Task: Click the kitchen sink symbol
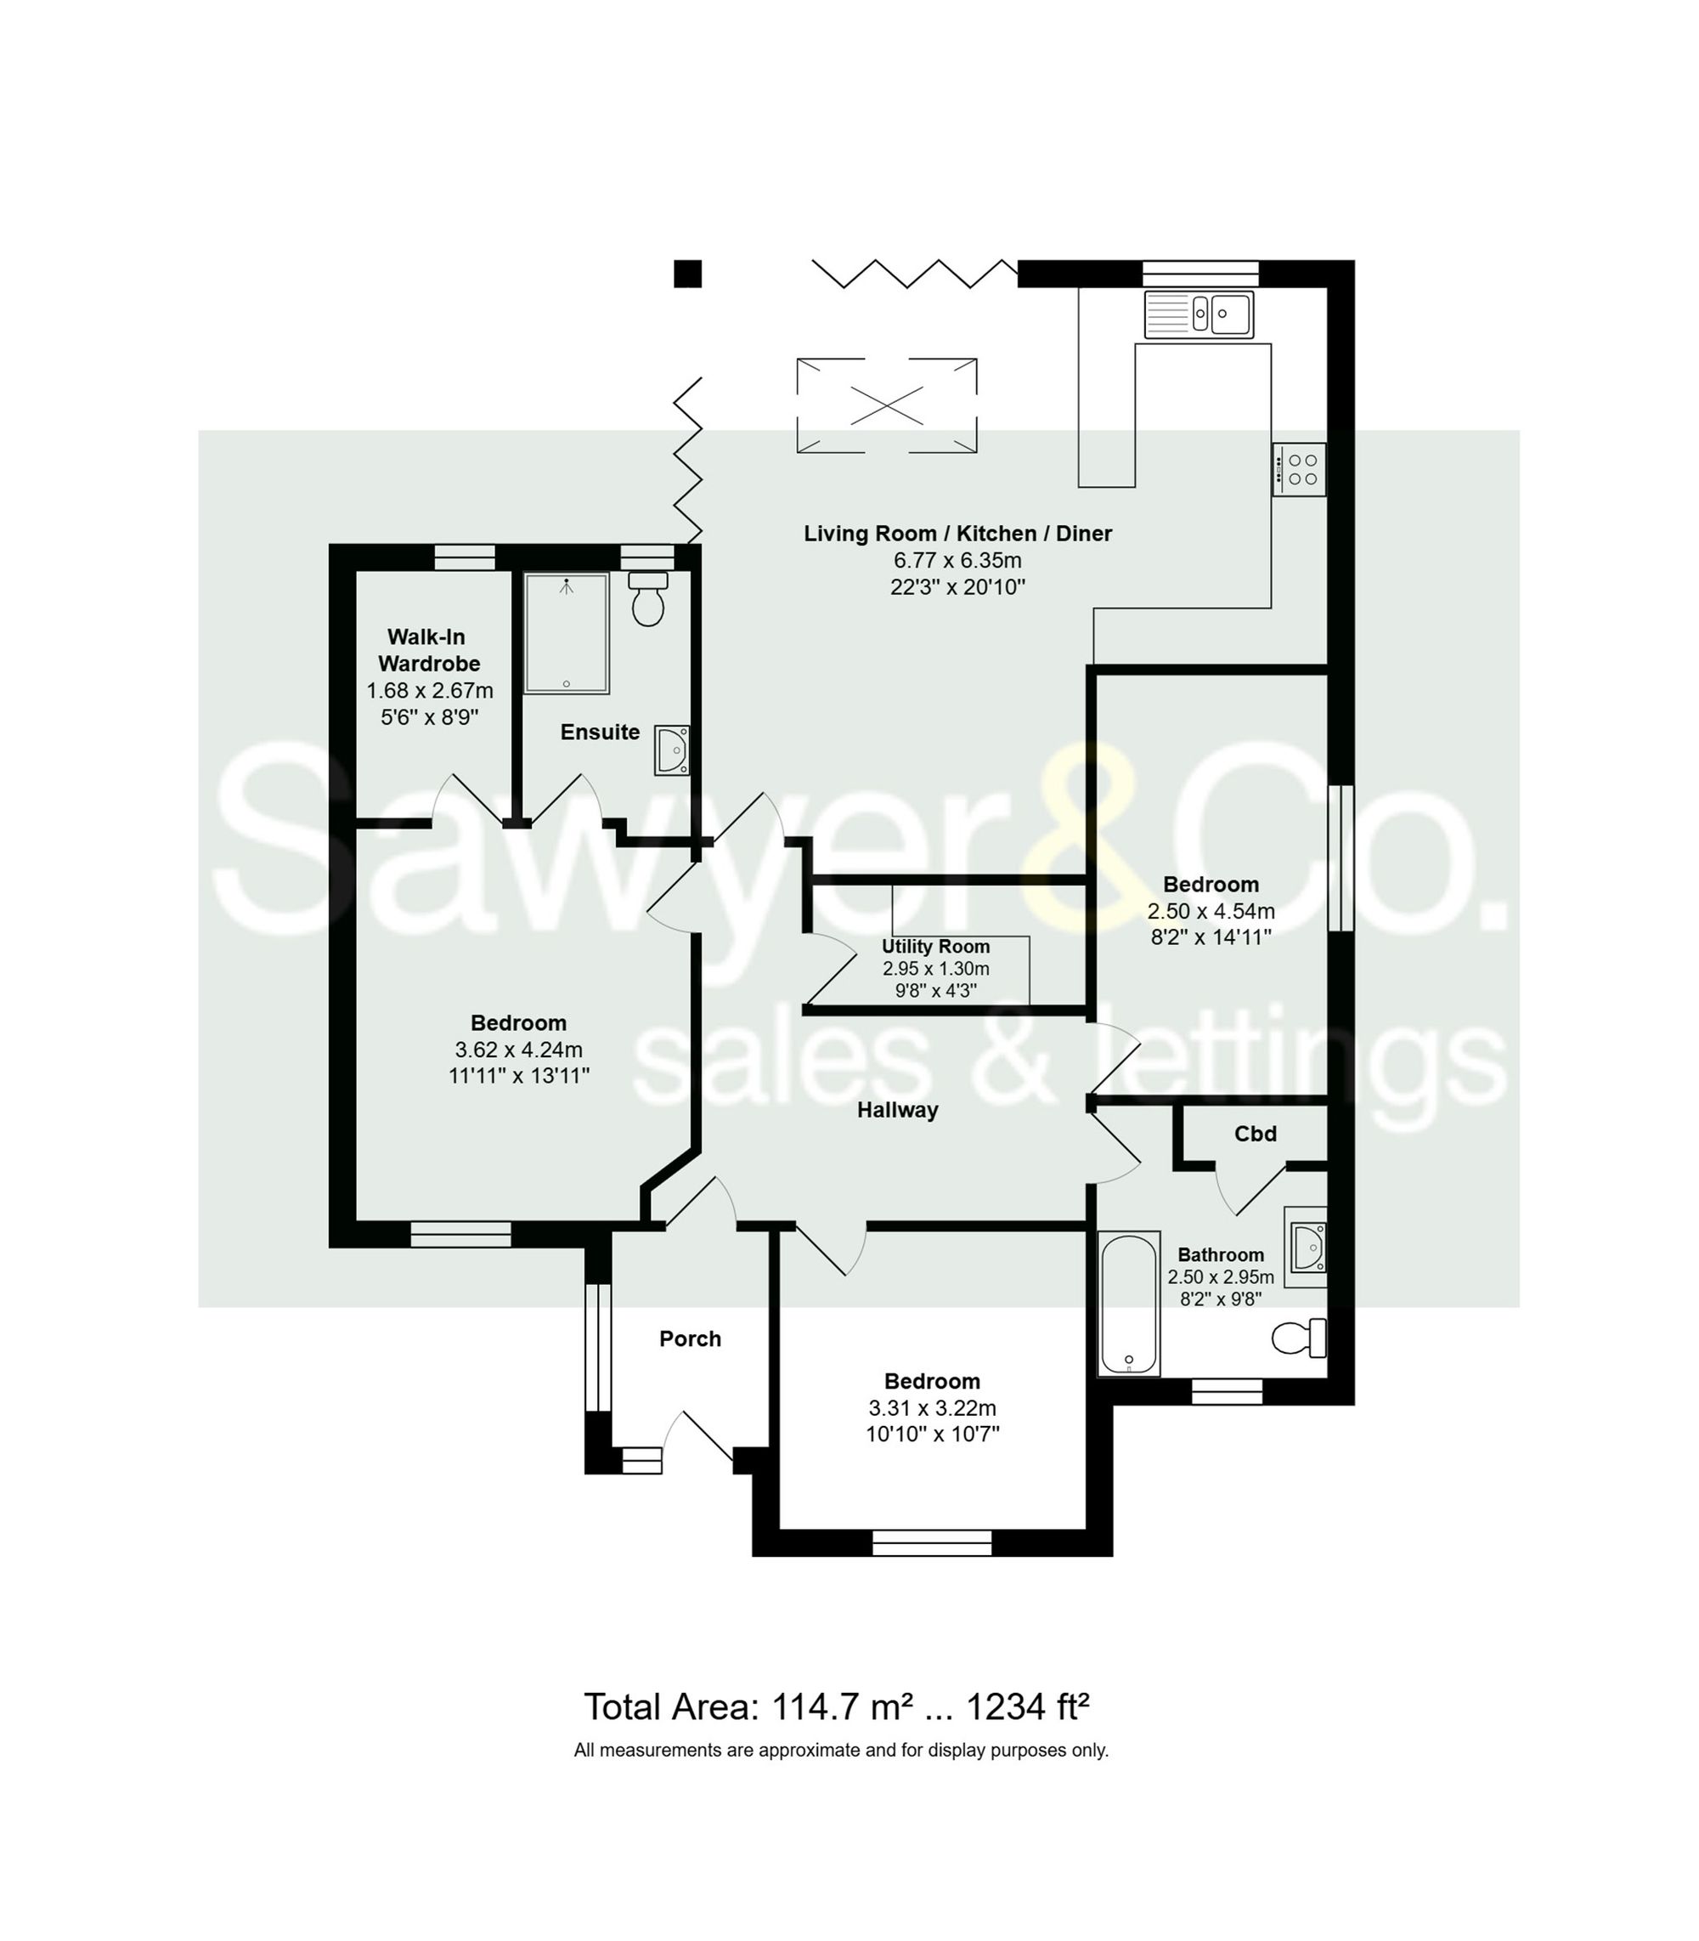pyautogui.click(x=1199, y=314)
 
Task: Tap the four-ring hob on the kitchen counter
pyautogui.click(x=1299, y=469)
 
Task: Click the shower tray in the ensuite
pyautogui.click(x=566, y=632)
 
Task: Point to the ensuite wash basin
pyautogui.click(x=672, y=750)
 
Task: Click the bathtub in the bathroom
pyautogui.click(x=1128, y=1304)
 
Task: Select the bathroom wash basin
pyautogui.click(x=1307, y=1246)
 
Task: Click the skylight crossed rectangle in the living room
pyautogui.click(x=887, y=406)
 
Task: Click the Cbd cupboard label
pyautogui.click(x=1255, y=1134)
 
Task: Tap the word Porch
pyautogui.click(x=690, y=1338)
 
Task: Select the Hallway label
pyautogui.click(x=897, y=1109)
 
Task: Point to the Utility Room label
pyautogui.click(x=934, y=947)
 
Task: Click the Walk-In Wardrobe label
pyautogui.click(x=428, y=649)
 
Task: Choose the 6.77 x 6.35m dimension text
pyautogui.click(x=957, y=560)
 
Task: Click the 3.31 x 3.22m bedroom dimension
pyautogui.click(x=932, y=1408)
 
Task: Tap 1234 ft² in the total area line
pyautogui.click(x=1027, y=1706)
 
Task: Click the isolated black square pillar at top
pyautogui.click(x=687, y=273)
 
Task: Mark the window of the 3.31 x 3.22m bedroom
pyautogui.click(x=931, y=1542)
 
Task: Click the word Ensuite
pyautogui.click(x=599, y=732)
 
